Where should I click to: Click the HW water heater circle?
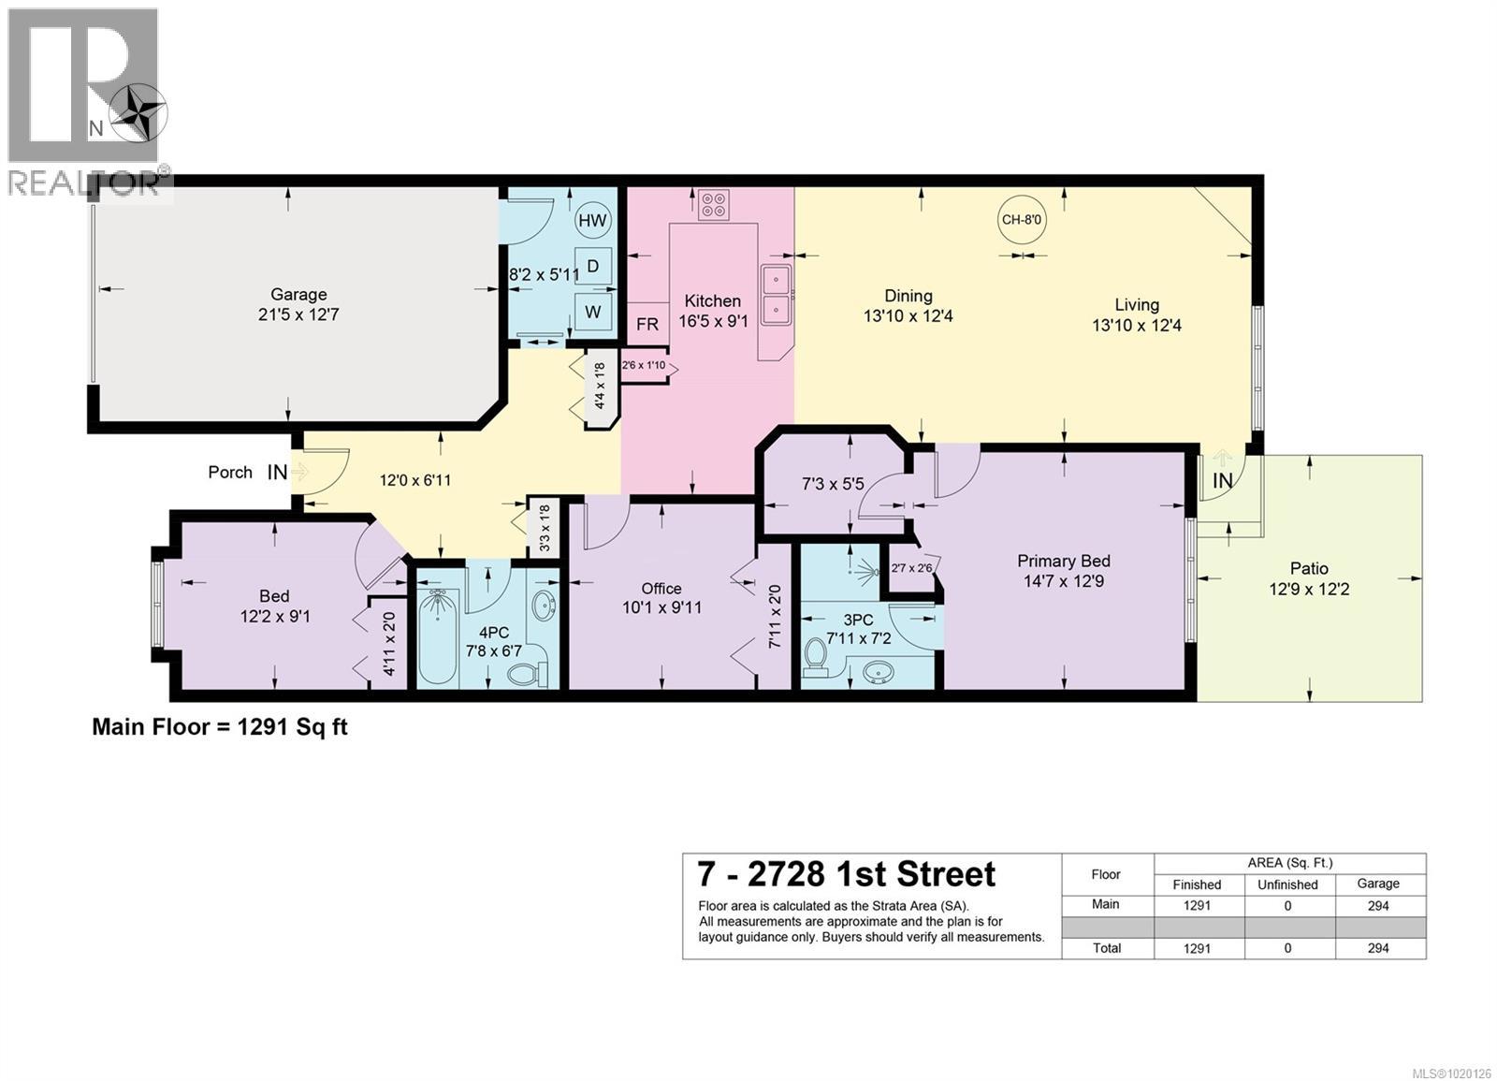(x=592, y=221)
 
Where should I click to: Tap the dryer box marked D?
(x=592, y=267)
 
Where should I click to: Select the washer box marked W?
(x=592, y=313)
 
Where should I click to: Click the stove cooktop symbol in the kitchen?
(x=715, y=204)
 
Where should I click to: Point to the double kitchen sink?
(x=777, y=294)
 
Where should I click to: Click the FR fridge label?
(x=647, y=324)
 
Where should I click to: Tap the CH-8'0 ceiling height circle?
(x=1022, y=221)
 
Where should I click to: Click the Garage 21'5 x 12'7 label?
(x=298, y=304)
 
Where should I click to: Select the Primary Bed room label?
(x=1064, y=570)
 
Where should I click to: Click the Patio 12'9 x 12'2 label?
(x=1309, y=578)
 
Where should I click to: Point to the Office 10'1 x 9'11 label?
(x=661, y=597)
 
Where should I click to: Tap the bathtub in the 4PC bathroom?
(x=434, y=637)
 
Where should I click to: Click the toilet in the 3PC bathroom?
(x=816, y=656)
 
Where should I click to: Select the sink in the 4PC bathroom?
(x=542, y=606)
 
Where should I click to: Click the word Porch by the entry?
(x=230, y=472)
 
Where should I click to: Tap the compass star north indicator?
(x=138, y=114)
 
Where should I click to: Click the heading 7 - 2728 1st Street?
(x=846, y=874)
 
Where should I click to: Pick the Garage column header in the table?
(x=1378, y=884)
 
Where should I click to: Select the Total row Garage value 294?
(x=1378, y=948)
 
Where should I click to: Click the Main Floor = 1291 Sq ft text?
(x=219, y=726)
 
